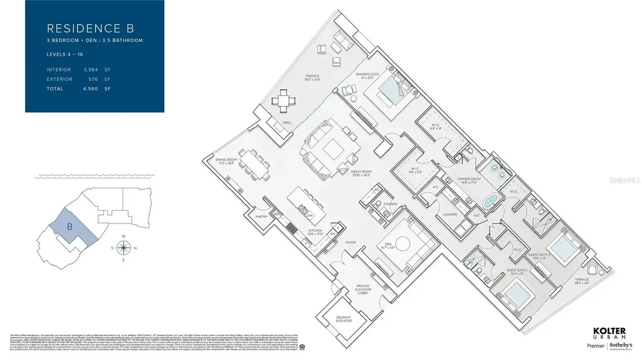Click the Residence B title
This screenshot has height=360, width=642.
tap(90, 28)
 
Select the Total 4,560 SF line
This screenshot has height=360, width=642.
tap(78, 89)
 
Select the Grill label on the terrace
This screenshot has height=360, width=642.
tap(287, 123)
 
